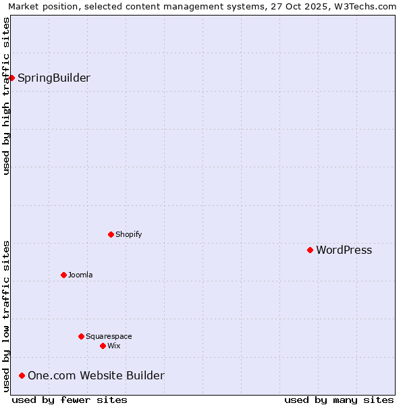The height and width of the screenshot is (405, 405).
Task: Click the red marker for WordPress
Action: click(310, 250)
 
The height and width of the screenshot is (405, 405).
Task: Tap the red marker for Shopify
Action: click(111, 234)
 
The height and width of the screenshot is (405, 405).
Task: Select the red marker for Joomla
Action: click(63, 275)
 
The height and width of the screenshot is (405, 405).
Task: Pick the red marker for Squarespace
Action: click(81, 336)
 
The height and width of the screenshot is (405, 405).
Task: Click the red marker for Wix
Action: click(103, 346)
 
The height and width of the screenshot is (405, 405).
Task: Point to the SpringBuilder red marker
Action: click(11, 78)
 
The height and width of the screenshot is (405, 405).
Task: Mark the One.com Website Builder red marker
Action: click(22, 375)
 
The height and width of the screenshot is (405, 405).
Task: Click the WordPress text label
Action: click(344, 250)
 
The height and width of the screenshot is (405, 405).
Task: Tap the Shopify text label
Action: click(128, 234)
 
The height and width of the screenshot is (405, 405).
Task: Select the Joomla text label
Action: click(80, 275)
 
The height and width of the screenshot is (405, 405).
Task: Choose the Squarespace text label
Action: click(109, 336)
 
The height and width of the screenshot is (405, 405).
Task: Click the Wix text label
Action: click(113, 346)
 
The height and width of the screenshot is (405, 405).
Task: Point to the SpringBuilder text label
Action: click(53, 78)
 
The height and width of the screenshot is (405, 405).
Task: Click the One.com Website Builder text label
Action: click(96, 376)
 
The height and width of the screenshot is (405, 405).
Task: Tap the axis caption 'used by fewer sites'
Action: click(70, 400)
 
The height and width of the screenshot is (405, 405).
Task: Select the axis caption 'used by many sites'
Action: click(339, 400)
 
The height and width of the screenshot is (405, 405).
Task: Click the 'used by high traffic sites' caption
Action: click(6, 96)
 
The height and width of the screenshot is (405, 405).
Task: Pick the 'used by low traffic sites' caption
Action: click(6, 316)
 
